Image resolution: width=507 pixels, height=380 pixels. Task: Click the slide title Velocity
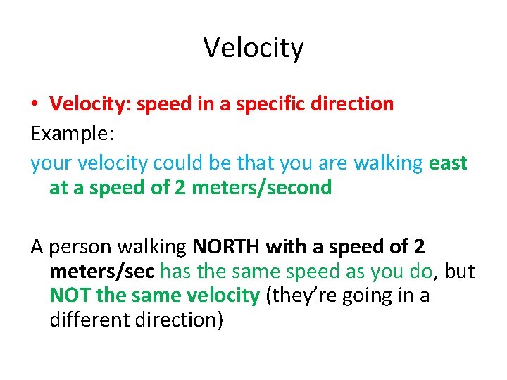tap(254, 49)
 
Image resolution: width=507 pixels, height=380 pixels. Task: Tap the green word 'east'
tap(448, 163)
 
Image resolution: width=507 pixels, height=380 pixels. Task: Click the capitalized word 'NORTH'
tap(225, 247)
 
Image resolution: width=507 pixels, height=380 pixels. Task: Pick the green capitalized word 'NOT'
tap(70, 296)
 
